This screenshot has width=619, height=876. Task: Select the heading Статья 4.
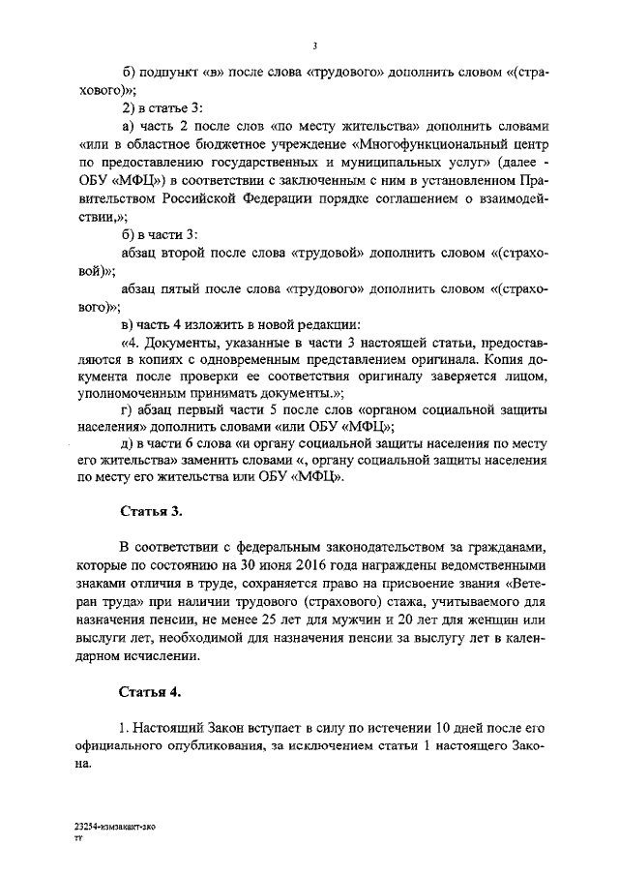pos(150,692)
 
